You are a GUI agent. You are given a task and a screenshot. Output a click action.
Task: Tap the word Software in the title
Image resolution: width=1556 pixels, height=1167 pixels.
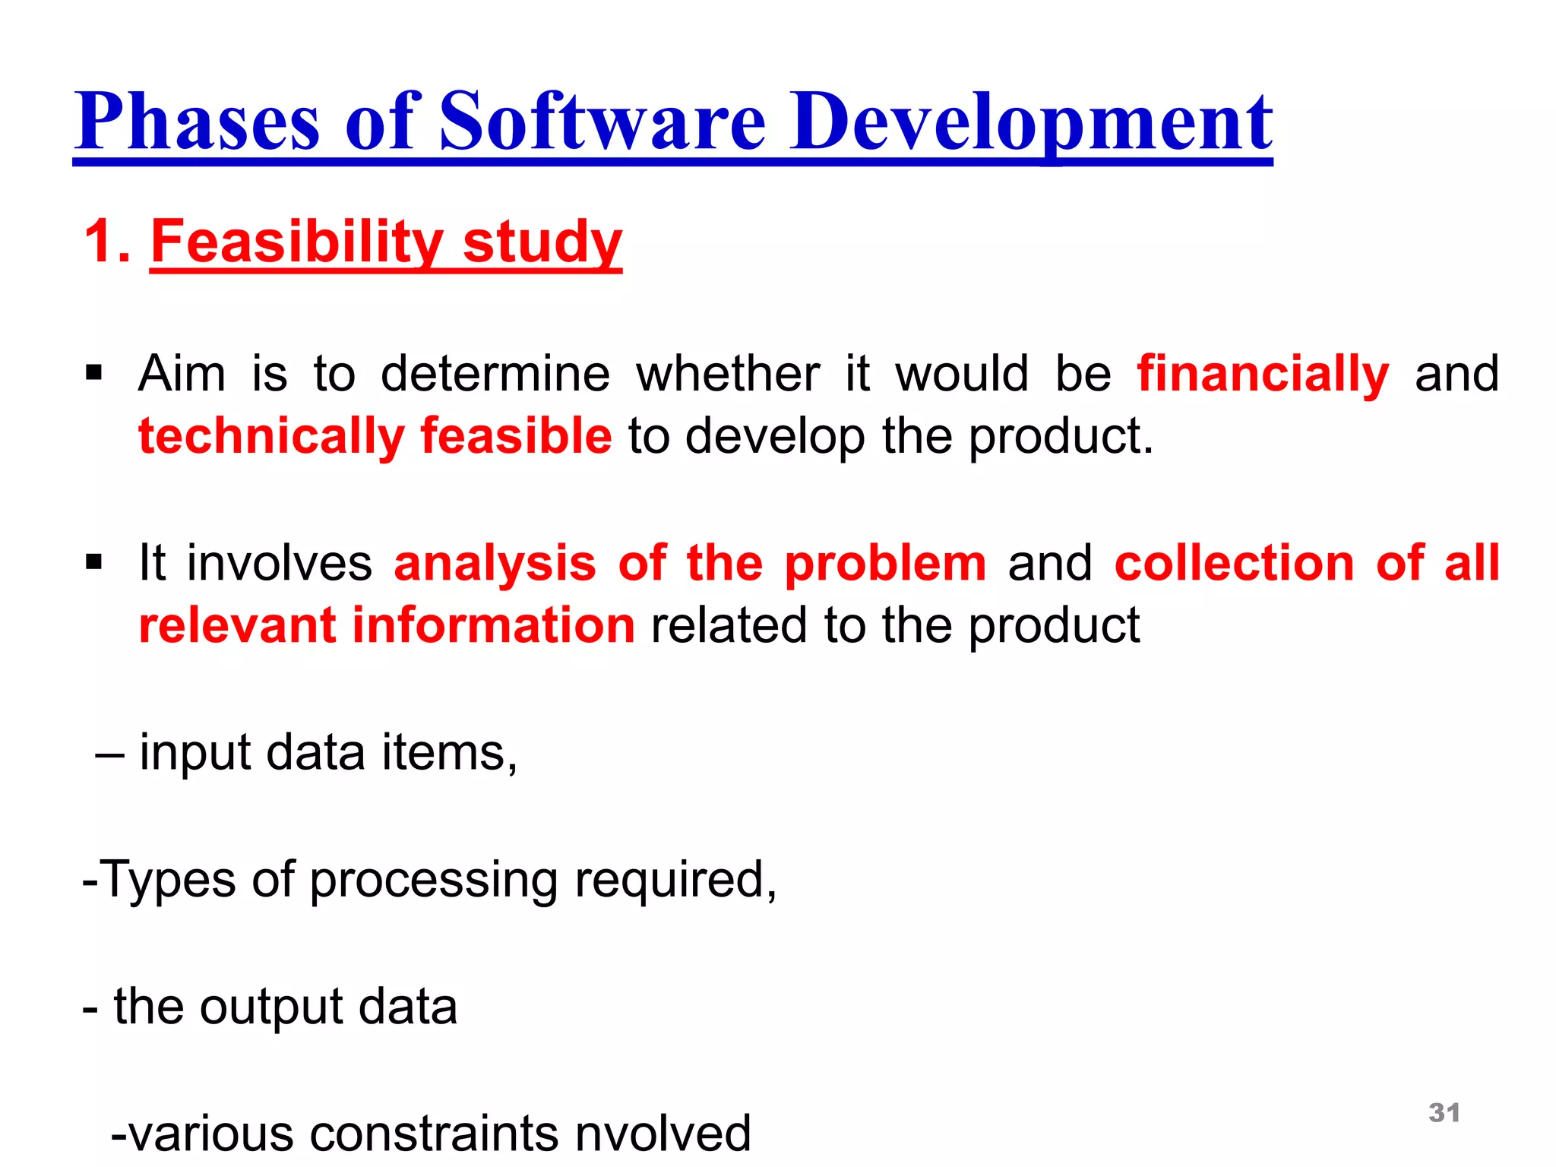(x=602, y=122)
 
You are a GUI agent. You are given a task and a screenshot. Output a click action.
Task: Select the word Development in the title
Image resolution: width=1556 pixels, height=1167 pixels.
(x=1032, y=122)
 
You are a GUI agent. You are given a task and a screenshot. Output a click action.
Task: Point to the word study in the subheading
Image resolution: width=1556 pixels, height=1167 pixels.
(x=542, y=242)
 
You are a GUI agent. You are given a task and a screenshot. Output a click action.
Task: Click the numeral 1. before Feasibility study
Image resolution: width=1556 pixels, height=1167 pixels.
(x=108, y=242)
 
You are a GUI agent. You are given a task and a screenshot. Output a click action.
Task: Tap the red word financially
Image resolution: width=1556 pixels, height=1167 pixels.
(x=1263, y=374)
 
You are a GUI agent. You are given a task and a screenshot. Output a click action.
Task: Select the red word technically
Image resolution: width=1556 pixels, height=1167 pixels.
(x=271, y=437)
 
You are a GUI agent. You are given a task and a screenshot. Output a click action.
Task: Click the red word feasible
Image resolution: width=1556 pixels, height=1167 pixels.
(x=516, y=437)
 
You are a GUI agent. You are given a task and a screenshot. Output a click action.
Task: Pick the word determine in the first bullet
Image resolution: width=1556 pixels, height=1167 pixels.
(x=495, y=374)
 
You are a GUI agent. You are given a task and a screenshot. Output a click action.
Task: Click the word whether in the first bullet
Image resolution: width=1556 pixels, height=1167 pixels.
(x=728, y=374)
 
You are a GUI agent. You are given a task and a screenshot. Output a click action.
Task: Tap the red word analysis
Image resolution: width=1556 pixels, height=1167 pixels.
(x=495, y=564)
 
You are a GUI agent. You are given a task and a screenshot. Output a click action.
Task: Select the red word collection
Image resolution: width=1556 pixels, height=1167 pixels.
(x=1235, y=564)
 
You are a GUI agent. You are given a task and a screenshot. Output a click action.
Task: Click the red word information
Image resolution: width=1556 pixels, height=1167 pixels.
(x=493, y=625)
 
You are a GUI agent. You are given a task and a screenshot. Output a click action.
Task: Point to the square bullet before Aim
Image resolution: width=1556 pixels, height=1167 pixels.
(x=94, y=373)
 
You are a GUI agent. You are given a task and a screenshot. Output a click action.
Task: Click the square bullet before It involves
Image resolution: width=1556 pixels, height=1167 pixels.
(x=94, y=563)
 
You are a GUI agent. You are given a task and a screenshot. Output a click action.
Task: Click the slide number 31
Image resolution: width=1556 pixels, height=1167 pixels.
(x=1444, y=1113)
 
